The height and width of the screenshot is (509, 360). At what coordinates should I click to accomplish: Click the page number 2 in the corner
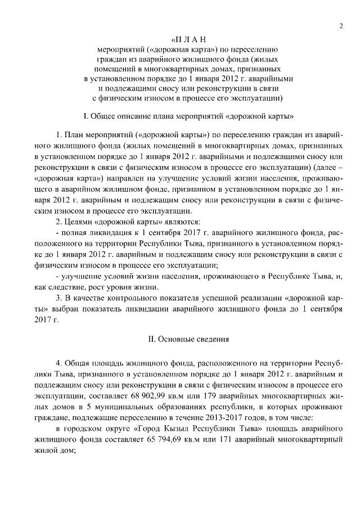(x=341, y=26)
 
